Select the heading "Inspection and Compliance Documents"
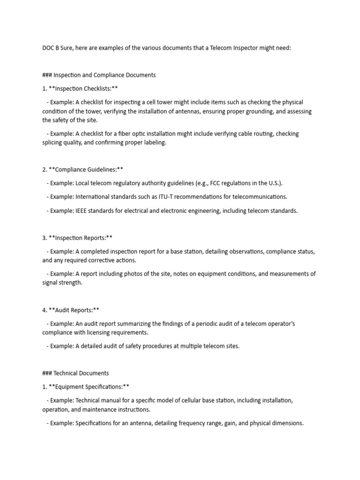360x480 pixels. coord(105,75)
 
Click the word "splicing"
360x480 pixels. coord(53,142)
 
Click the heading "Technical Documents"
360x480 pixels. coord(81,373)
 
